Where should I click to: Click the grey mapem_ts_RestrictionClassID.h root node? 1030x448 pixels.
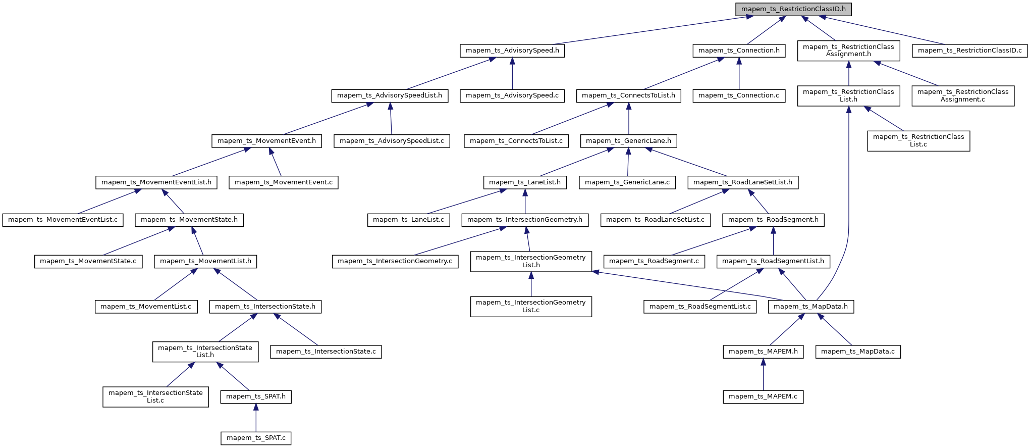point(793,9)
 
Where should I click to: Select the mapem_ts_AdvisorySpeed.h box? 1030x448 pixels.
point(512,51)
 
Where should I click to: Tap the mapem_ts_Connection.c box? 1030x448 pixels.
point(739,95)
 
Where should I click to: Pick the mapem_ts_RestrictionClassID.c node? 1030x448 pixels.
point(969,51)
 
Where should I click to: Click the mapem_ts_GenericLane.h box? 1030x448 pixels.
point(628,141)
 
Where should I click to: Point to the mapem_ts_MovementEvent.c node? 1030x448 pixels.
point(284,182)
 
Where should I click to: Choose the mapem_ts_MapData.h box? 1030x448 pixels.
point(810,307)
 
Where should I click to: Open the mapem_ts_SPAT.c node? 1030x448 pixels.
point(256,438)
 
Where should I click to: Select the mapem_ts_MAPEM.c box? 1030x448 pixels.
point(763,396)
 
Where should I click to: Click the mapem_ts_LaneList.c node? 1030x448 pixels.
point(408,220)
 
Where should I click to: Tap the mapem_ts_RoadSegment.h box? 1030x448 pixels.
point(773,220)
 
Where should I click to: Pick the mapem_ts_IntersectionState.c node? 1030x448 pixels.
point(326,352)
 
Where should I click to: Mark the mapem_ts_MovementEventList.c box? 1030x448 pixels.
point(63,220)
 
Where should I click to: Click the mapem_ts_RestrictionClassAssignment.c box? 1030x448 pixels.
point(963,95)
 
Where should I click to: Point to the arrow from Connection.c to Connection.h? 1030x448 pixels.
point(739,73)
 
